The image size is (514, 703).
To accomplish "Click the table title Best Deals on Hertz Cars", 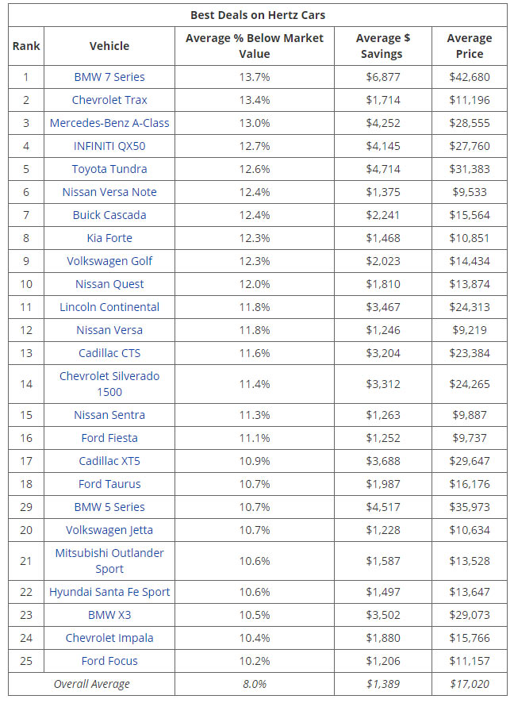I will click(257, 15).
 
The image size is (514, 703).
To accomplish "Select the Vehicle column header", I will click(109, 46).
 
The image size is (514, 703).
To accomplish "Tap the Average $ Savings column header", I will click(385, 46).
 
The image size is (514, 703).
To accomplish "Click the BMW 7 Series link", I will click(109, 77).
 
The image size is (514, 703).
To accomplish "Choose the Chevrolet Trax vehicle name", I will click(109, 100).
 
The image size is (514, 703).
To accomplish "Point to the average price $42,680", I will click(469, 77).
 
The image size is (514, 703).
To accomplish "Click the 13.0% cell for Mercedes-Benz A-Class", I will click(254, 123).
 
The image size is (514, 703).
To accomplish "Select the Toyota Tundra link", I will click(109, 169).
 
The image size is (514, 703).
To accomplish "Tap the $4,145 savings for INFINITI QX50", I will click(385, 146).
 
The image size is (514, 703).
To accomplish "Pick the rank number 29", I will click(25, 507).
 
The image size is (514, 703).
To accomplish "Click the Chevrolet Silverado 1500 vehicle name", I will click(109, 384).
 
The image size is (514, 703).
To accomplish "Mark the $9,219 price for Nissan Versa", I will click(469, 330).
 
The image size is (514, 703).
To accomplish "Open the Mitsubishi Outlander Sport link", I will click(109, 560).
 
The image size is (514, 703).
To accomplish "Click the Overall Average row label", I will click(91, 684).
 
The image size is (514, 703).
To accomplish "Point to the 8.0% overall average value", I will click(254, 684).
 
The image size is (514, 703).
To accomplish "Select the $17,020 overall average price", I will click(469, 684).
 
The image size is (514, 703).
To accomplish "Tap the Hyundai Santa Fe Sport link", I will click(109, 592).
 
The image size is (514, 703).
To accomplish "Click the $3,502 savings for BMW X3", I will click(385, 615).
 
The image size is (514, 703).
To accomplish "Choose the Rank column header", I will click(25, 46).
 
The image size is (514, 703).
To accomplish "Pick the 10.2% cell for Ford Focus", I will click(254, 661).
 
